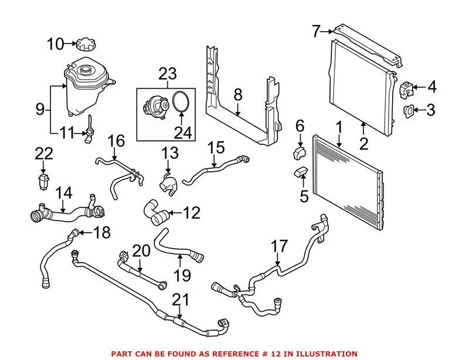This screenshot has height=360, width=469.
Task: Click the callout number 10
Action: tap(56, 44)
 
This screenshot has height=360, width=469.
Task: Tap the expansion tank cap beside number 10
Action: tap(83, 44)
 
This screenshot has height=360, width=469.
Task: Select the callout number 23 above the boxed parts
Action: tap(167, 74)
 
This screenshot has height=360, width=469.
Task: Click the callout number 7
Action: tap(317, 30)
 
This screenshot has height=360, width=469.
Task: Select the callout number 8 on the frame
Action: tap(237, 94)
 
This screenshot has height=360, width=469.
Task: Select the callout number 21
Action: tap(181, 300)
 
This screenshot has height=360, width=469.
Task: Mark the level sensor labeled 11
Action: tap(89, 135)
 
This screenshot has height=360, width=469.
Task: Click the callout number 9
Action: tap(40, 109)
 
